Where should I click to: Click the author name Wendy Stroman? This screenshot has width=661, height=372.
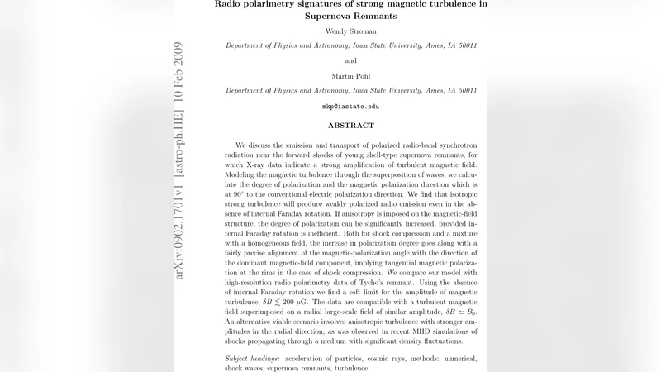click(x=350, y=31)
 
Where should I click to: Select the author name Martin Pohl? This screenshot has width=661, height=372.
click(x=350, y=76)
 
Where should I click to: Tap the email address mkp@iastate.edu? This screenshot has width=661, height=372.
click(x=350, y=107)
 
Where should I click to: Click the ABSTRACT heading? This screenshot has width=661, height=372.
click(x=350, y=126)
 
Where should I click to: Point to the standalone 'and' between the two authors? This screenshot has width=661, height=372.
click(x=350, y=60)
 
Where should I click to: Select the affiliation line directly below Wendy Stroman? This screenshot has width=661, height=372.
click(x=350, y=45)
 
